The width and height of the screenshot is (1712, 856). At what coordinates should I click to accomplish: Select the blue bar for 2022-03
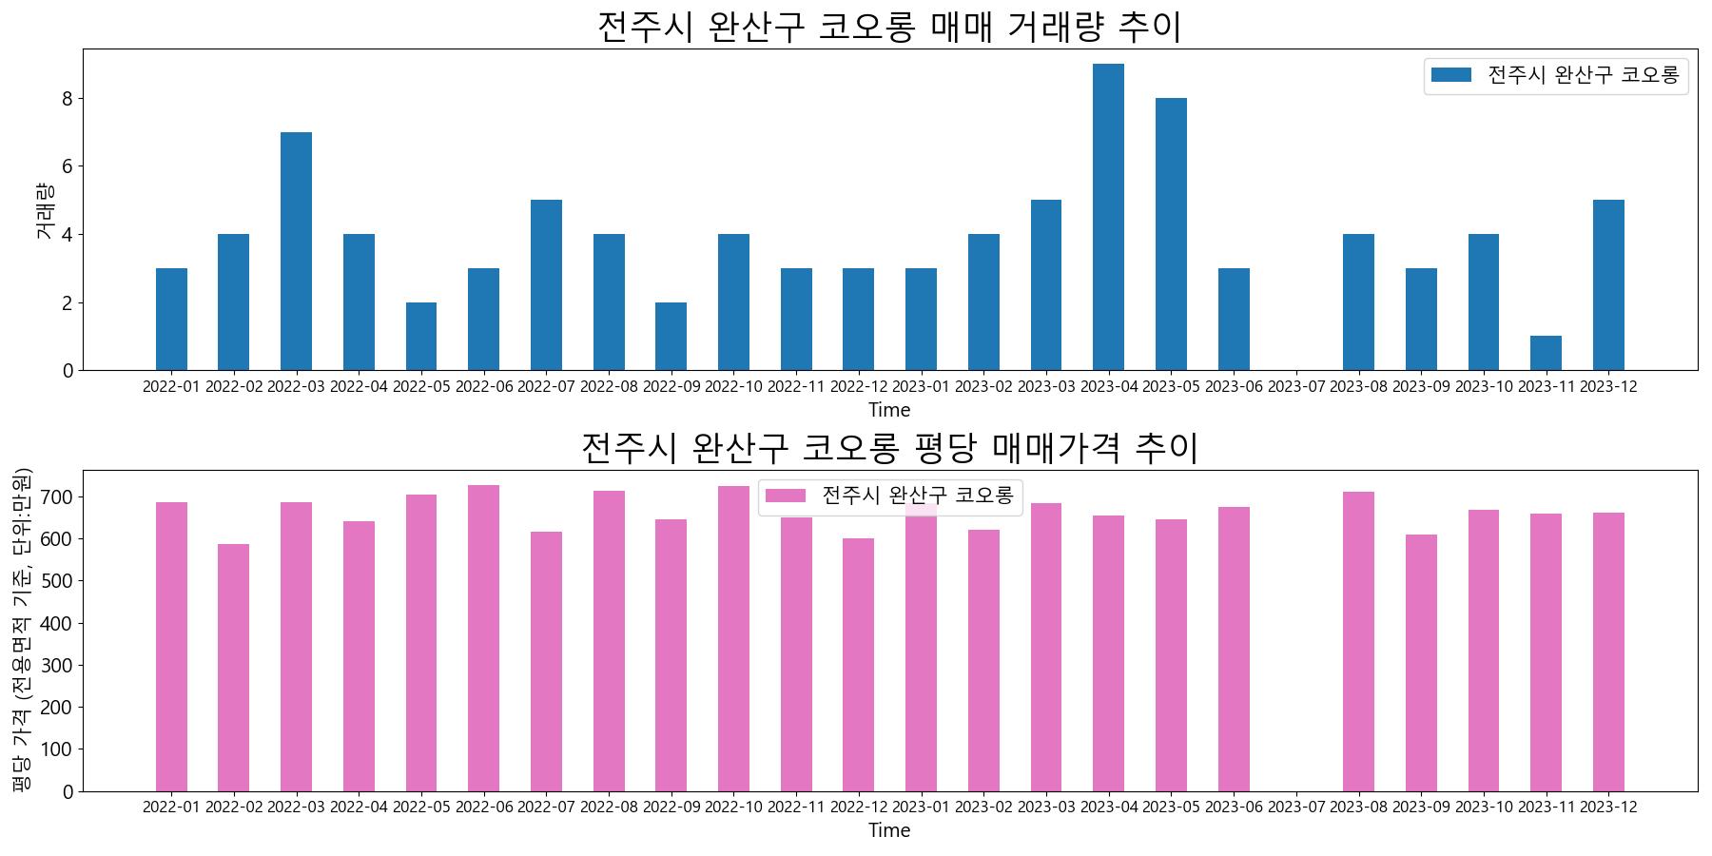point(296,251)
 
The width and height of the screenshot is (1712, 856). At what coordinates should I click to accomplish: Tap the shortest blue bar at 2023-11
point(1546,354)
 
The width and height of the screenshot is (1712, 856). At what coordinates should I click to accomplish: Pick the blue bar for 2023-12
point(1608,285)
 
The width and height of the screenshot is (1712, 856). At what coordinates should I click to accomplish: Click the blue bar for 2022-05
point(421,337)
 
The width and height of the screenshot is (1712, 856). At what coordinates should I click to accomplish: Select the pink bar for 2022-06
point(483,637)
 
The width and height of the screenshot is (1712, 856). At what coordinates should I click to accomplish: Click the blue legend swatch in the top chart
point(1450,75)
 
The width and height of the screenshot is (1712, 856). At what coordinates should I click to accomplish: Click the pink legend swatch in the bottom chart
point(786,496)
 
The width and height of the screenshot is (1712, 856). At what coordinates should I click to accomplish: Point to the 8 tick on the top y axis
point(68,99)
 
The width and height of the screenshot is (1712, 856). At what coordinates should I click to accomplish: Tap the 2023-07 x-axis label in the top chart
point(1295,387)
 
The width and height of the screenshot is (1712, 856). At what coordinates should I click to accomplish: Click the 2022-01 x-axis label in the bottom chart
point(171,807)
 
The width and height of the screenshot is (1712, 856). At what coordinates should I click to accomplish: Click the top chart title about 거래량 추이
point(888,27)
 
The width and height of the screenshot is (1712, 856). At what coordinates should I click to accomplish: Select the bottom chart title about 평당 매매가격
point(888,448)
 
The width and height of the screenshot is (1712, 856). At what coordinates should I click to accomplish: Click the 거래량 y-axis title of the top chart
point(45,210)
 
